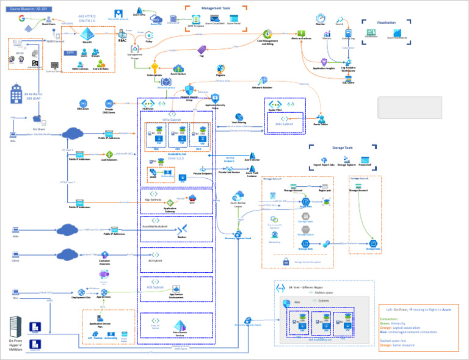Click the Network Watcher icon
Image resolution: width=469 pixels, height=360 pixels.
pos(263,81)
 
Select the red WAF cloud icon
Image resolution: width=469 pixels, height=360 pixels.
pos(192,198)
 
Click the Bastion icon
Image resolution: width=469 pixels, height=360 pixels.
pos(181,228)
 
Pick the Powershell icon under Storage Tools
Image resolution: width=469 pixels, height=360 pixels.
pos(365,159)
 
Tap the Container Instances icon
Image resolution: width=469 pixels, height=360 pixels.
pos(104,254)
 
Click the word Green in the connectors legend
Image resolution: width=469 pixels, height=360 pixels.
pos(386,323)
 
